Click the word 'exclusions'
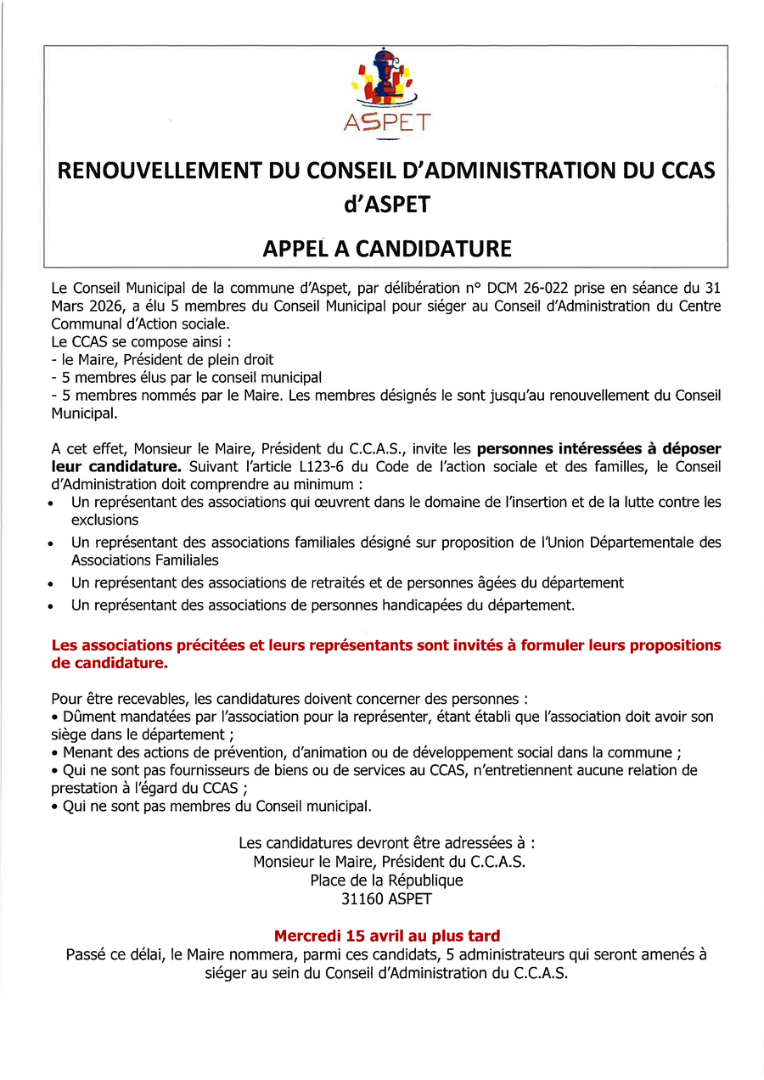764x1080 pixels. point(104,520)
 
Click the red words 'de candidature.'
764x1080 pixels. point(110,662)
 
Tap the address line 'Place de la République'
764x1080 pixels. point(386,880)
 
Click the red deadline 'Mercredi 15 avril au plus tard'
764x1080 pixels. point(386,937)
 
